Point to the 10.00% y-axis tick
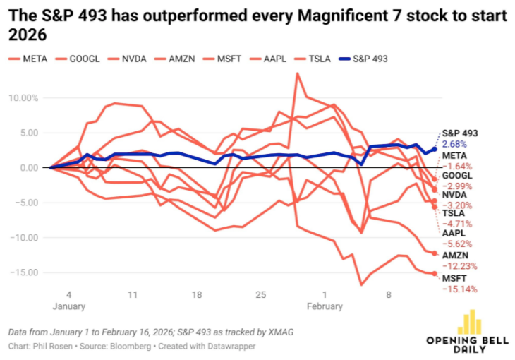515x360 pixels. tap(24, 98)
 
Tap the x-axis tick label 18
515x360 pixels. tap(196, 294)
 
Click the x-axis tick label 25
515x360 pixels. tap(260, 294)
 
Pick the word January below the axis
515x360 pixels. tap(68, 306)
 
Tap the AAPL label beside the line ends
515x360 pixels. tap(453, 232)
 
